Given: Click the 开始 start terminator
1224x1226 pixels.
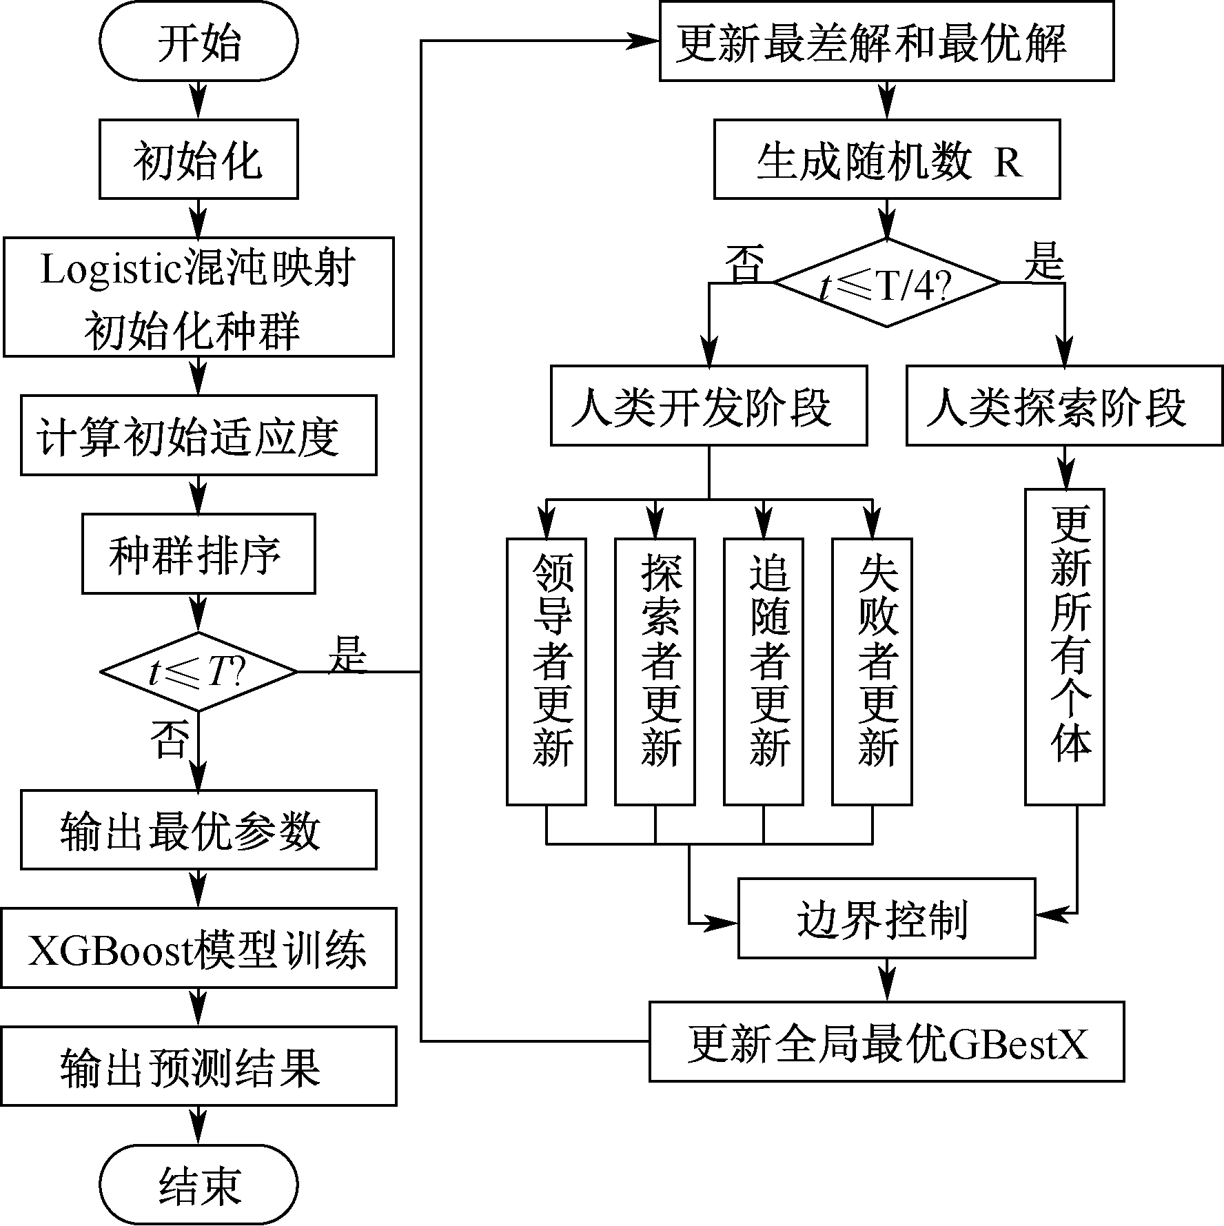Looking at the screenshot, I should pos(198,41).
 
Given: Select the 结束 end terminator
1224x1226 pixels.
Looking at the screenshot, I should pos(198,1185).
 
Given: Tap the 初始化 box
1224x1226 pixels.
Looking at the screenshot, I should pos(198,159).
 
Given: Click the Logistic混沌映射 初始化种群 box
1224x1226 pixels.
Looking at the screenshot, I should pos(198,297).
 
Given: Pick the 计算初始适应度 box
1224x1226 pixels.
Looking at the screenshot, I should pos(198,435).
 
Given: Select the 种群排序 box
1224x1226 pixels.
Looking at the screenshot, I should pos(198,553).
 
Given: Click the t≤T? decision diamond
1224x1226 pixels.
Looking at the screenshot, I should pos(198,671).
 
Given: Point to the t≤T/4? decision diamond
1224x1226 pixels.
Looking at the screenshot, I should pos(886,282).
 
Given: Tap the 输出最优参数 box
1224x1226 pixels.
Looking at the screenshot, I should pos(198,829).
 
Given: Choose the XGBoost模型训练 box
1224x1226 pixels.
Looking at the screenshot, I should pos(198,948).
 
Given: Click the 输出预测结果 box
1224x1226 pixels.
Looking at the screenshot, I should pos(198,1066).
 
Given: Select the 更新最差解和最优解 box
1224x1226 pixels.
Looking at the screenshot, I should pos(886,41).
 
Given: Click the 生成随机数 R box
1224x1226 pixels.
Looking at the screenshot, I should pos(886,159).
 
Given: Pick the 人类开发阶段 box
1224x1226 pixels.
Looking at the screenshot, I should pos(708,405).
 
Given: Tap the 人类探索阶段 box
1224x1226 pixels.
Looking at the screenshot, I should pos(1064,405).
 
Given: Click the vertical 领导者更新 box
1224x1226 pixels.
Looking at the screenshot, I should pos(547,671).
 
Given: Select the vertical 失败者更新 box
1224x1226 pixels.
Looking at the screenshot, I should pos(872,671).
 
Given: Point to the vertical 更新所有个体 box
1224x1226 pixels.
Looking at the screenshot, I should pos(1064,646).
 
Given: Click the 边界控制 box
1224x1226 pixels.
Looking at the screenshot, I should pos(886,918).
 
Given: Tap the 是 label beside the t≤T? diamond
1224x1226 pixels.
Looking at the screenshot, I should pos(347,653).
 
